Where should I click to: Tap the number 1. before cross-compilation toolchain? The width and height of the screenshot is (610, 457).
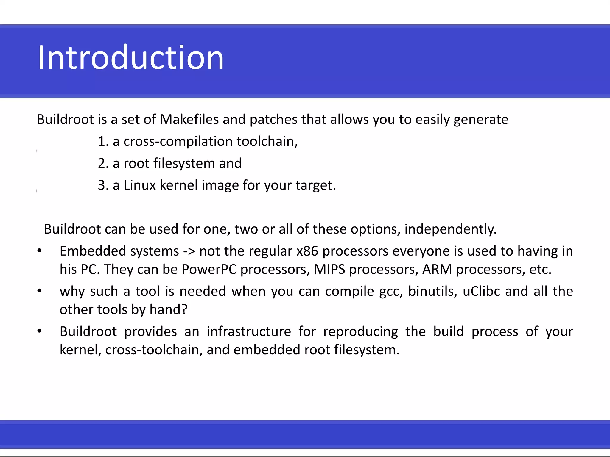click(103, 142)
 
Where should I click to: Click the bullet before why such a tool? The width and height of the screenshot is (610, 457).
click(39, 291)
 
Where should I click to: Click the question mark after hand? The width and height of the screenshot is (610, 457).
click(184, 310)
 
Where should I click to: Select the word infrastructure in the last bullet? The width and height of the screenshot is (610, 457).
click(249, 332)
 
